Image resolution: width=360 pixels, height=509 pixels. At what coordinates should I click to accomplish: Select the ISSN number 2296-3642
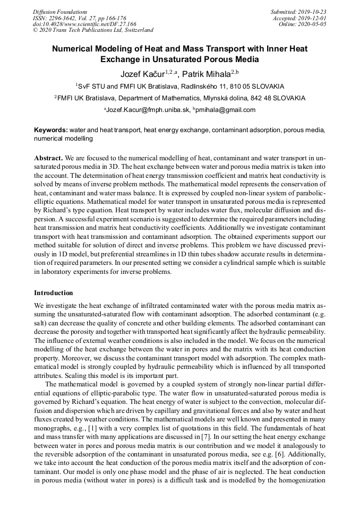[63, 18]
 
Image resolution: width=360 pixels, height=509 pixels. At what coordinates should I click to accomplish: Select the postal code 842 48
[257, 98]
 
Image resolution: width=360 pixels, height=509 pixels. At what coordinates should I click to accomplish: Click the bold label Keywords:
[51, 130]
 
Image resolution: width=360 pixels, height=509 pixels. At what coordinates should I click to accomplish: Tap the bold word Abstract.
[48, 158]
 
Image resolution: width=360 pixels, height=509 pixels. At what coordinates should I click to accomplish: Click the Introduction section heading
[54, 293]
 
